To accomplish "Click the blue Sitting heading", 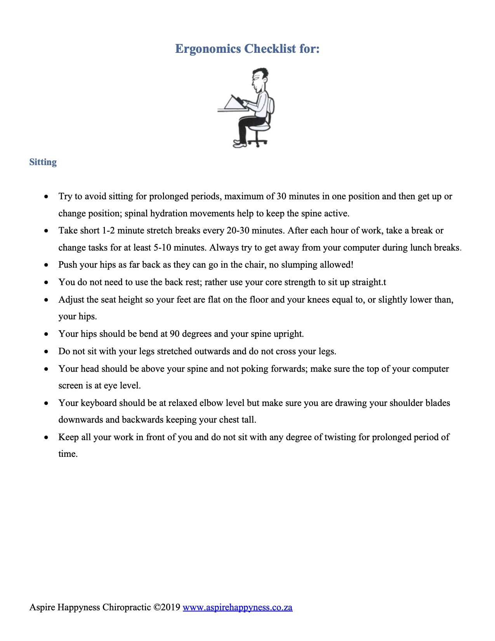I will point(43,162).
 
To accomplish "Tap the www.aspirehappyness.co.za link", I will point(237,607).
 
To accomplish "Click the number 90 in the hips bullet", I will point(175,334).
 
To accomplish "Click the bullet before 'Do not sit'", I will point(47,352).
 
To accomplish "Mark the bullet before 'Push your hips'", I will point(47,265).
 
